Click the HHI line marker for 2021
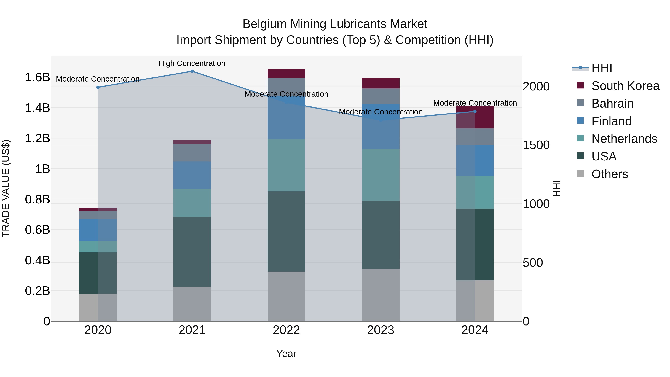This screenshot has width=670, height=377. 192,71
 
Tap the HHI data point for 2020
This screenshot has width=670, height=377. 98,88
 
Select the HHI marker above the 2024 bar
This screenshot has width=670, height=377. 475,111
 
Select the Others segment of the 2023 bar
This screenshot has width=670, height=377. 381,295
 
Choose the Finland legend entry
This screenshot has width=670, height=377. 611,121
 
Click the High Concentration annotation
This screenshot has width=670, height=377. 192,63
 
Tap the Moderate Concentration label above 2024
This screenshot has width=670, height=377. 475,103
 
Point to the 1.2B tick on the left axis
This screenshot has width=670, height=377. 37,138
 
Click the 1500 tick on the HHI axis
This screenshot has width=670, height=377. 536,145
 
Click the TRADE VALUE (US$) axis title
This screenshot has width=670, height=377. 6,188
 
